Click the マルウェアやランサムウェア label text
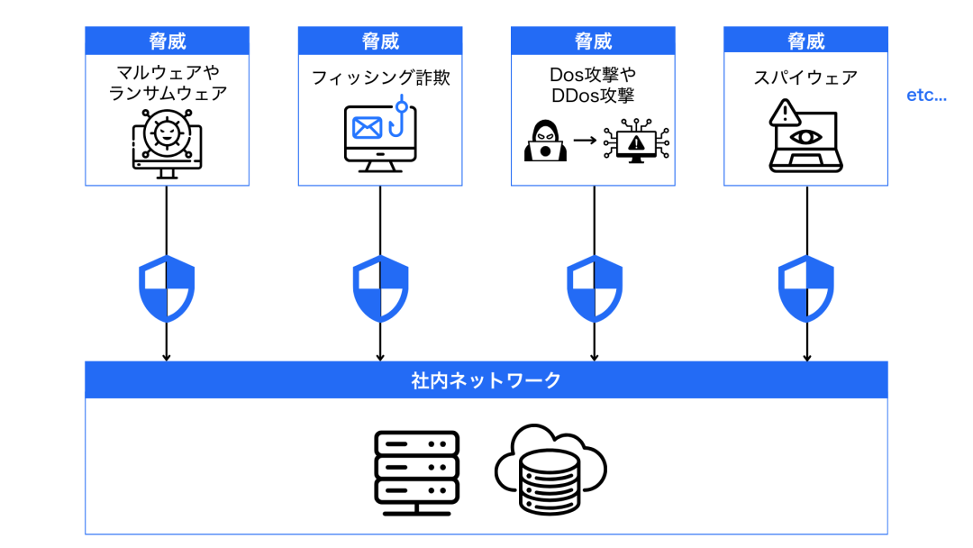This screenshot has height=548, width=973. (167, 81)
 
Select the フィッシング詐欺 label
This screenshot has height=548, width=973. (380, 78)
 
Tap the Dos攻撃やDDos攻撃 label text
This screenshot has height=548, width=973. (592, 83)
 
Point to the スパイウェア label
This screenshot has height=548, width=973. (805, 78)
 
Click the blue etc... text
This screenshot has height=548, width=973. (926, 96)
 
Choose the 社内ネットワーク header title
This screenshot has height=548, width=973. (486, 380)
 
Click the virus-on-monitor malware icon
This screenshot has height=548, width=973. (167, 142)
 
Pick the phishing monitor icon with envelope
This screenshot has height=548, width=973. (379, 137)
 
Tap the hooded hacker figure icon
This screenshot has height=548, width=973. (545, 141)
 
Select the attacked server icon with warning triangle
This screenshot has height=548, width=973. (636, 142)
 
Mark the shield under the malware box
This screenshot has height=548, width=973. (167, 288)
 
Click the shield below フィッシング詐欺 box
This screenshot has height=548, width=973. (380, 288)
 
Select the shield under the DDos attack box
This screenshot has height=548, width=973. (594, 288)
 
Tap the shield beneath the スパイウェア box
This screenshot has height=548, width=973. (806, 288)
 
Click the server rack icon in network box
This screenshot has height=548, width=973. (416, 471)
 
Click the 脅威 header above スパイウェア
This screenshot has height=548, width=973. (805, 41)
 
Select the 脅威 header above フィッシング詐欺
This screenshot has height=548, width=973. (380, 41)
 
